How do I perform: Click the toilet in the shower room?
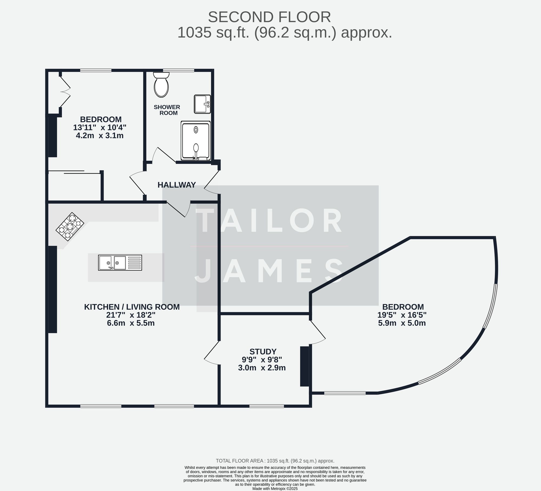pyautogui.click(x=161, y=85)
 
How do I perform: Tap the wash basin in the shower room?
pyautogui.click(x=202, y=104)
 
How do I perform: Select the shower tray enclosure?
pyautogui.click(x=196, y=141)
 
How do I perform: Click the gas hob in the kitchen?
pyautogui.click(x=70, y=226)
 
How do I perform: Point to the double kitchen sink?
pyautogui.click(x=120, y=262)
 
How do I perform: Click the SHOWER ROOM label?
pyautogui.click(x=167, y=110)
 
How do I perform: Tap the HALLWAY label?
pyautogui.click(x=177, y=185)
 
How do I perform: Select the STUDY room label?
pyautogui.click(x=263, y=352)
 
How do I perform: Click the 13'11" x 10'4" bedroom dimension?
pyautogui.click(x=100, y=127)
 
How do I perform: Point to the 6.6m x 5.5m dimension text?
pyautogui.click(x=131, y=323)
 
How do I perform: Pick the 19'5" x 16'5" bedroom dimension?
pyautogui.click(x=402, y=315)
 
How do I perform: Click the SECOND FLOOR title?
pyautogui.click(x=269, y=17)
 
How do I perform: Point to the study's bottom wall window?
pyautogui.click(x=266, y=406)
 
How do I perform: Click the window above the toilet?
pyautogui.click(x=179, y=71)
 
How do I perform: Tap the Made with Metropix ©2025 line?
pyautogui.click(x=275, y=489)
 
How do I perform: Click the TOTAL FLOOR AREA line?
pyautogui.click(x=275, y=461)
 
